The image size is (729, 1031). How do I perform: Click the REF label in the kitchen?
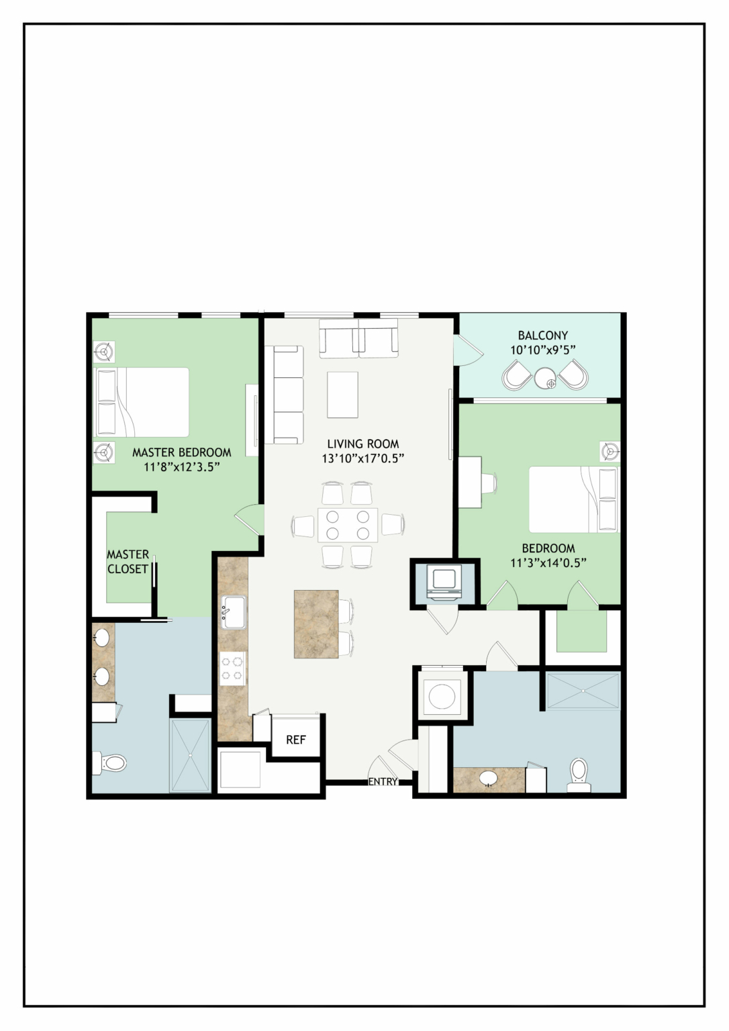pos(296,739)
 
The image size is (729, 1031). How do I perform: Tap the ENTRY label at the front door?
pos(383,781)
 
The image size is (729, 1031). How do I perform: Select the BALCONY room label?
pos(542,335)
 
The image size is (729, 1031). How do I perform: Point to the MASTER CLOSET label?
pos(128,562)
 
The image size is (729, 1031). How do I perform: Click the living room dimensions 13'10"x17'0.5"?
pos(362,458)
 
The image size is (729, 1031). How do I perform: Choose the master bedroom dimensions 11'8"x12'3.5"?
pos(181,467)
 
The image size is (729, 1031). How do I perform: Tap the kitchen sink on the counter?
pos(234,612)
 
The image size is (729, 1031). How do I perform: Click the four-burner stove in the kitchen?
pos(232,669)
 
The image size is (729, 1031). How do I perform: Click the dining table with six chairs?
pos(348,525)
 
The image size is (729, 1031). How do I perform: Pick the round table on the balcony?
pos(546,379)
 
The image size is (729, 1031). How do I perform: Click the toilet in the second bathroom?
pos(579,776)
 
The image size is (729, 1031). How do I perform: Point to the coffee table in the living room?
pos(342,395)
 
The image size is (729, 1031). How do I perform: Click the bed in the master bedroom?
pos(141,402)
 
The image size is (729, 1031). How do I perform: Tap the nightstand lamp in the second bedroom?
pos(610,451)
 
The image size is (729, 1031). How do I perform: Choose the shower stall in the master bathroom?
pos(191,755)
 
